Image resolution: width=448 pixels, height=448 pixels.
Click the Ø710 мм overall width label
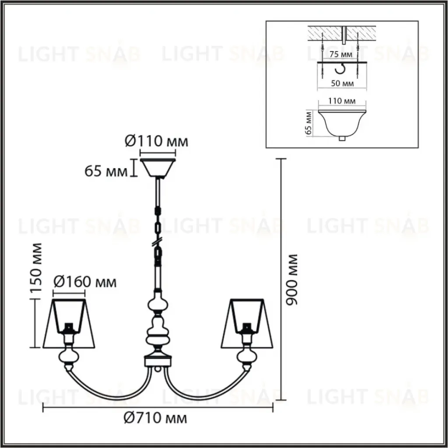click(155, 418)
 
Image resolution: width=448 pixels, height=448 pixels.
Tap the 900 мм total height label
click(292, 280)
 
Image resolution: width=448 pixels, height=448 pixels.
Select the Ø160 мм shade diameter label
click(85, 282)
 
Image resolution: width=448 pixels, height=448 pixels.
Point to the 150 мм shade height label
click(36, 268)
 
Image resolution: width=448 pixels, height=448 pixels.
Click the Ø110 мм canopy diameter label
click(157, 141)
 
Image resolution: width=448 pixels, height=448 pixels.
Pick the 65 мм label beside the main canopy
click(106, 171)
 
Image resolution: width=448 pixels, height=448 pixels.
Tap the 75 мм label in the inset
click(341, 54)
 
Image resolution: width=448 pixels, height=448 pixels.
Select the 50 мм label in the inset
click(342, 84)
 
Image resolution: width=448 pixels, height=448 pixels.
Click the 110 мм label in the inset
click(342, 101)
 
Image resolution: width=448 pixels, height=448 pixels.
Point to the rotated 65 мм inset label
click(308, 123)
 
